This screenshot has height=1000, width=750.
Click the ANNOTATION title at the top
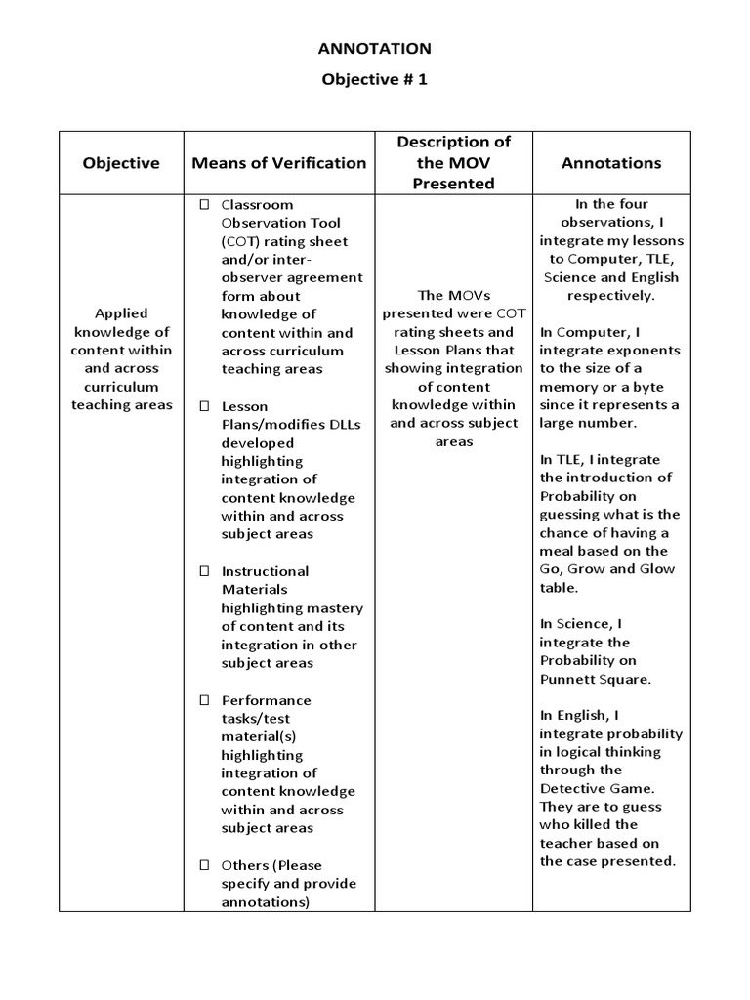point(375,48)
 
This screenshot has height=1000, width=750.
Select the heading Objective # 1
point(375,80)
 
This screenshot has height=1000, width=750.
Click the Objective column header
point(121,163)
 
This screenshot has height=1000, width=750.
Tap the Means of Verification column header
point(279,163)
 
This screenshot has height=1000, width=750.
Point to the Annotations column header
point(611,163)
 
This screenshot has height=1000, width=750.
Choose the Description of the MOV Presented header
point(453,162)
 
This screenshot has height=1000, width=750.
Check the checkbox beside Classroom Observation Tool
point(204,205)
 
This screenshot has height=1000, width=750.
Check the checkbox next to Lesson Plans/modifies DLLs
point(204,406)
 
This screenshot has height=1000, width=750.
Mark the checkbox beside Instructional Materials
point(204,571)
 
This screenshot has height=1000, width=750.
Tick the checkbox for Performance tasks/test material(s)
point(204,700)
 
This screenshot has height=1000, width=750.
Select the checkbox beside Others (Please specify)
point(204,865)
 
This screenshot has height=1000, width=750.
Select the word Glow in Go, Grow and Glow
point(658,569)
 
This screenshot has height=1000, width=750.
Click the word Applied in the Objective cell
point(121,313)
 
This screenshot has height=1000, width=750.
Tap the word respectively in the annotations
point(611,295)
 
